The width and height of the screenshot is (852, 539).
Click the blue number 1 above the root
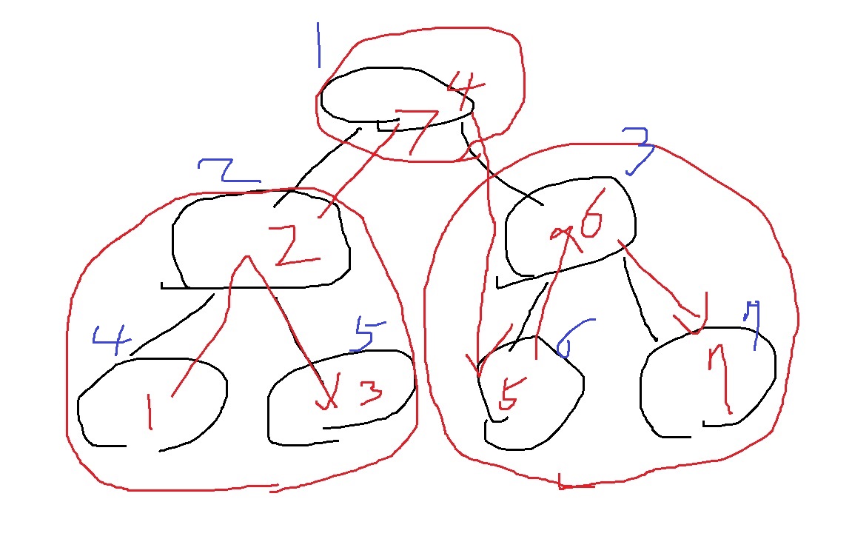tap(318, 44)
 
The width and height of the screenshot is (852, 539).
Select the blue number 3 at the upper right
tap(638, 148)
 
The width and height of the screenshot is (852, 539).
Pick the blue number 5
tap(369, 335)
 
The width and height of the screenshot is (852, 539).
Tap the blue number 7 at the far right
tap(754, 324)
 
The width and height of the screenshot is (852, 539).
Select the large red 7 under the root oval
tap(418, 132)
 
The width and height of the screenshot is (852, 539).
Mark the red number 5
tap(509, 392)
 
